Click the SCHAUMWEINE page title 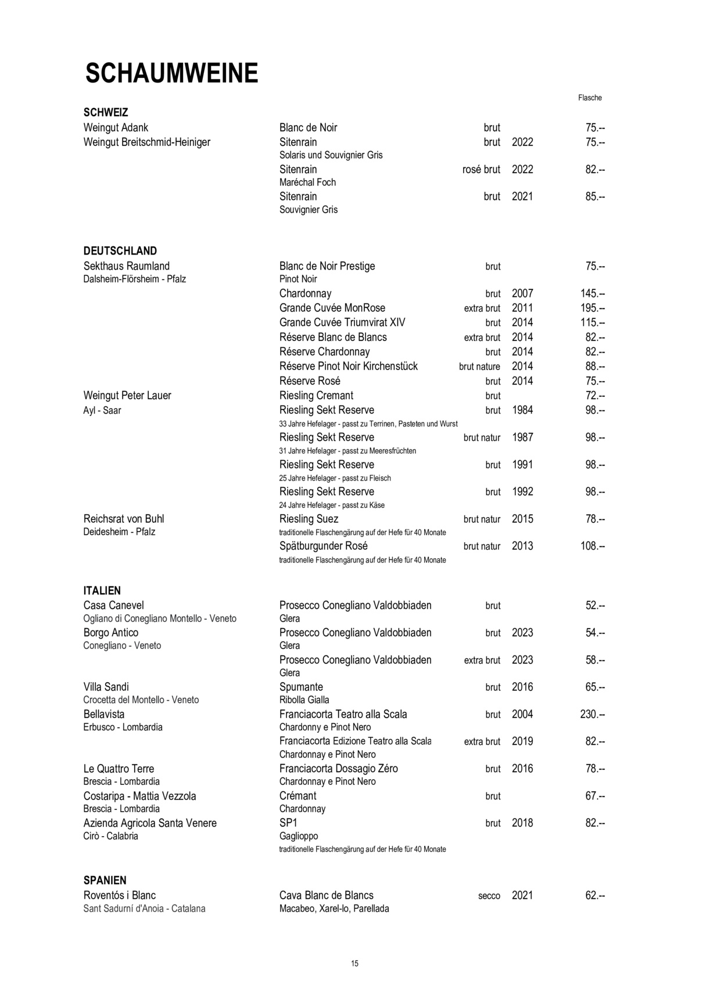click(171, 74)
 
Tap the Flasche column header click(590, 98)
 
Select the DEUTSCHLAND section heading click(120, 251)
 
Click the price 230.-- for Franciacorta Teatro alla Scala click(592, 714)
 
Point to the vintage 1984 click(522, 410)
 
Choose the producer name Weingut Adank click(116, 128)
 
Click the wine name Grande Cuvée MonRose click(332, 308)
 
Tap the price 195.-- click(592, 308)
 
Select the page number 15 click(355, 963)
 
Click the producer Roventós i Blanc click(120, 895)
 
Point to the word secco click(489, 896)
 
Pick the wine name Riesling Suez click(309, 519)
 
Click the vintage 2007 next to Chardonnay click(522, 293)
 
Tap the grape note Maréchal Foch click(307, 182)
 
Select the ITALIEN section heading click(102, 590)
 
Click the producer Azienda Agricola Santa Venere click(150, 823)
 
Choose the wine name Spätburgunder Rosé click(323, 546)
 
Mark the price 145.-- click(592, 293)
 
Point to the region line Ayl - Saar click(102, 411)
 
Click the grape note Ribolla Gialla click(304, 700)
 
